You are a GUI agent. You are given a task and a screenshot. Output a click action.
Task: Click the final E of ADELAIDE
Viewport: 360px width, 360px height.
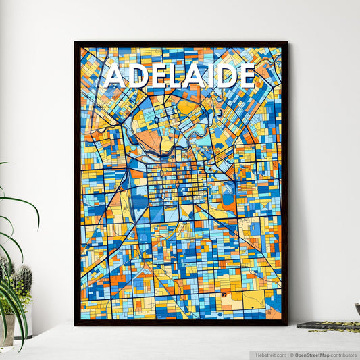pyautogui.click(x=247, y=76)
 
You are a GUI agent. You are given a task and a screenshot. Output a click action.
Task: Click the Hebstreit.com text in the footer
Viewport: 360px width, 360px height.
pyautogui.click(x=269, y=355)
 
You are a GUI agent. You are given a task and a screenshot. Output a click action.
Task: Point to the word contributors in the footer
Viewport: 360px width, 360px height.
pyautogui.click(x=344, y=355)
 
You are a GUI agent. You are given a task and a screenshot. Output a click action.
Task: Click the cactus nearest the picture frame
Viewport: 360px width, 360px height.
pyautogui.click(x=24, y=280)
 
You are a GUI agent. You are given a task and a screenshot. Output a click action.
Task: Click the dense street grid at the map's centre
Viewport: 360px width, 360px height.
pyautogui.click(x=177, y=182)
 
